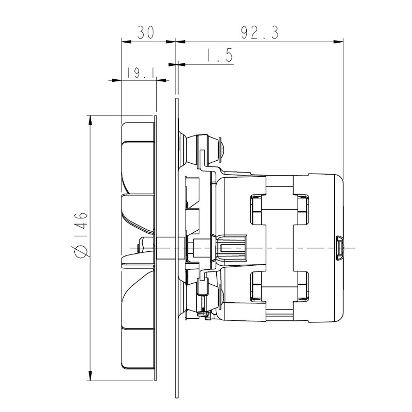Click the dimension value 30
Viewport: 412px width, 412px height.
click(146, 32)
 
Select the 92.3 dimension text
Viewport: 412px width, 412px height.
click(260, 32)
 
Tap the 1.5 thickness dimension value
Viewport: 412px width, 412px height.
click(219, 56)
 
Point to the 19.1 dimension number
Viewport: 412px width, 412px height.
click(141, 73)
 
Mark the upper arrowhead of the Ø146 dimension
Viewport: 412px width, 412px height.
click(90, 120)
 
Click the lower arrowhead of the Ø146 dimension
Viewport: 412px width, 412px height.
click(90, 375)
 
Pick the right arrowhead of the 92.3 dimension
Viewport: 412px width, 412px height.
click(338, 42)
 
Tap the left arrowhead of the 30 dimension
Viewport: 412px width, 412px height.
click(126, 42)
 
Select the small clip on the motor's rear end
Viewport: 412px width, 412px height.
click(339, 248)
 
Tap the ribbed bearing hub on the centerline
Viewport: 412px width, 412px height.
click(231, 248)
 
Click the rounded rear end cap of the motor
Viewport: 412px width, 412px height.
click(325, 248)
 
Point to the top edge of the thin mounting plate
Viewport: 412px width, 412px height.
click(177, 99)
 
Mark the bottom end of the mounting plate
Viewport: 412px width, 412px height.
click(177, 396)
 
